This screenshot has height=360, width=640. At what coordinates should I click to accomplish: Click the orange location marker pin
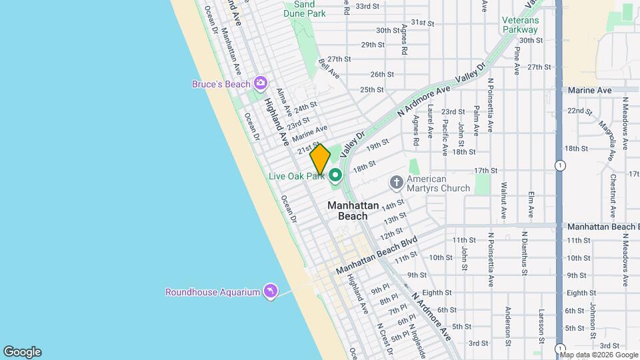pyautogui.click(x=320, y=159)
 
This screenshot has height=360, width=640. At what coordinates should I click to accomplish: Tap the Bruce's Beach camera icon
pyautogui.click(x=260, y=83)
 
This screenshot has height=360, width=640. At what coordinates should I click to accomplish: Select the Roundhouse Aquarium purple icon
pyautogui.click(x=270, y=292)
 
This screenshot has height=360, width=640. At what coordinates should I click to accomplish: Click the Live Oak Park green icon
pyautogui.click(x=335, y=176)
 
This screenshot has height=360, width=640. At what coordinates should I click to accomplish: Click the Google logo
pyautogui.click(x=22, y=352)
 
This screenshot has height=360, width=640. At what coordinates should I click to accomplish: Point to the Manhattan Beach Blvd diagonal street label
pyautogui.click(x=377, y=254)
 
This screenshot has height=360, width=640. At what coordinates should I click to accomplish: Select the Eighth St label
pyautogui.click(x=438, y=293)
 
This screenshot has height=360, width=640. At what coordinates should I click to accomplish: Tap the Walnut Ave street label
pyautogui.click(x=504, y=199)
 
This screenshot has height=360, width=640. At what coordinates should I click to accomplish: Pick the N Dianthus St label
pyautogui.click(x=525, y=253)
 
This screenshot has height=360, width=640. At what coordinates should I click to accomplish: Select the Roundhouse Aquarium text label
pyautogui.click(x=212, y=292)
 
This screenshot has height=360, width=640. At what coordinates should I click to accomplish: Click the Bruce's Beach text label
pyautogui.click(x=221, y=84)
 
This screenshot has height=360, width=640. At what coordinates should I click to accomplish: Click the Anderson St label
pyautogui.click(x=508, y=321)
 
